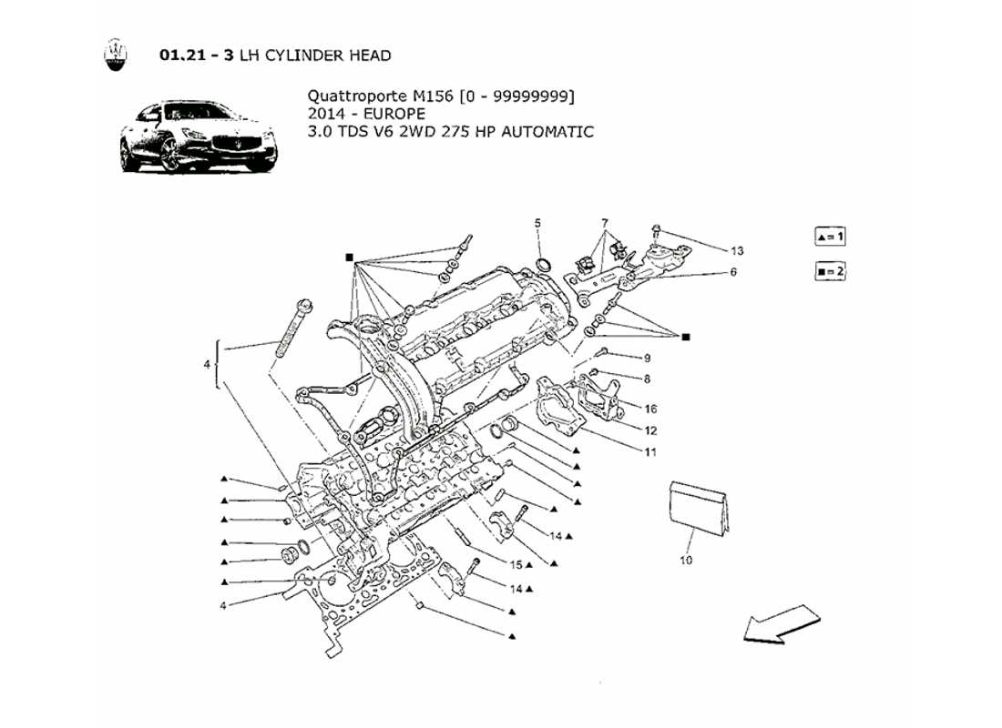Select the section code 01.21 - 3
click(196, 56)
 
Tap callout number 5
click(537, 223)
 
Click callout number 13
click(737, 250)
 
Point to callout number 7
click(603, 223)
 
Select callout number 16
click(651, 409)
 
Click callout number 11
click(651, 451)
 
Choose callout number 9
click(648, 358)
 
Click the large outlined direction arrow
click(781, 625)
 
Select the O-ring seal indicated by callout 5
click(544, 265)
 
